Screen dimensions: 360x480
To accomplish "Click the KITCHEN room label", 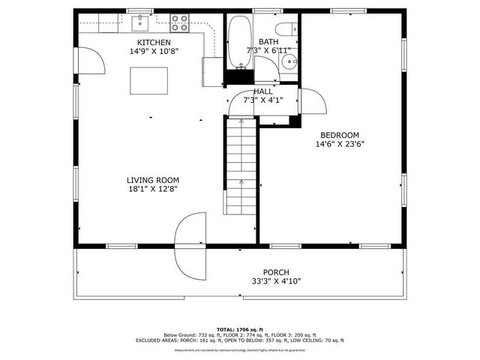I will [153, 43].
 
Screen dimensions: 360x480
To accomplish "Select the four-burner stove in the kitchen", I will [179, 22].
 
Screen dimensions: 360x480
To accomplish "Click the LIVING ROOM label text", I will [152, 180].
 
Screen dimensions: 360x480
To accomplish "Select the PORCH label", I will [275, 272].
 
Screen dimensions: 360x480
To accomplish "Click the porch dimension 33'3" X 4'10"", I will [275, 282].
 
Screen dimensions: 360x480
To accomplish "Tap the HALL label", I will [262, 91].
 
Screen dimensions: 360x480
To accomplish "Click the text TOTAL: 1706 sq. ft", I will [239, 329].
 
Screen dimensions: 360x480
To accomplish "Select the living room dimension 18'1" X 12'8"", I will [152, 190].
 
